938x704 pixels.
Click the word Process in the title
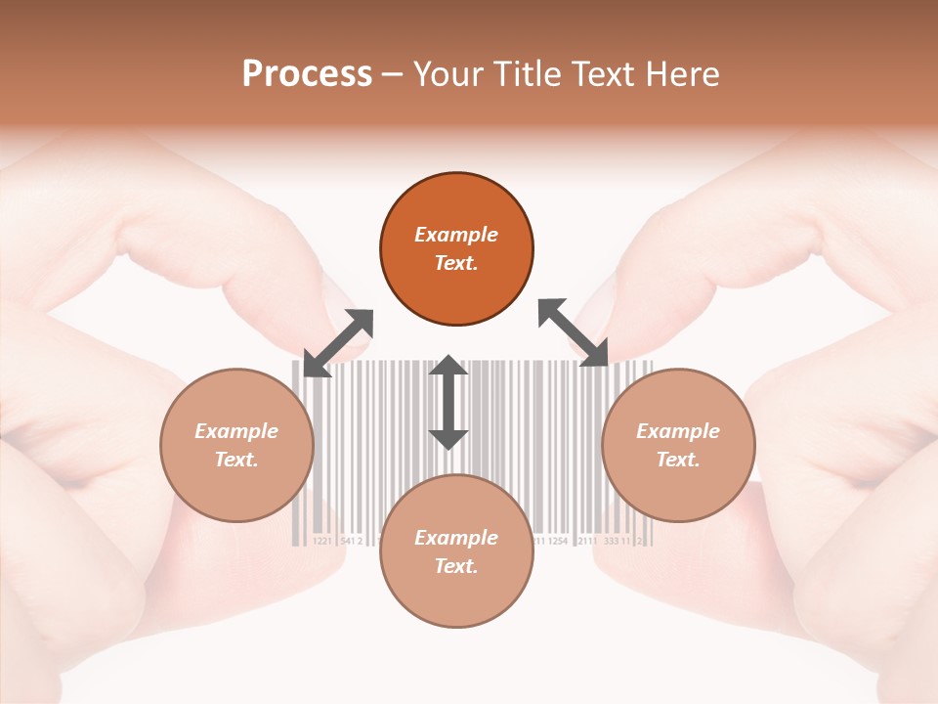(307, 74)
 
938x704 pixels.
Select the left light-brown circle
(236, 445)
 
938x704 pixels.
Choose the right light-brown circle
(678, 445)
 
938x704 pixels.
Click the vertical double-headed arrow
(448, 402)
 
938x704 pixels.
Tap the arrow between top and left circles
(338, 343)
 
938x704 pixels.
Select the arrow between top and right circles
(574, 333)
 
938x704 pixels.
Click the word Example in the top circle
(456, 235)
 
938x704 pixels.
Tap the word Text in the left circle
(235, 460)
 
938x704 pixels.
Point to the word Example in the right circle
(678, 431)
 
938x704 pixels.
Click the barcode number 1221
(321, 541)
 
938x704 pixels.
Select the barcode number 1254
(557, 541)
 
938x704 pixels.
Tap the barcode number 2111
(587, 541)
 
